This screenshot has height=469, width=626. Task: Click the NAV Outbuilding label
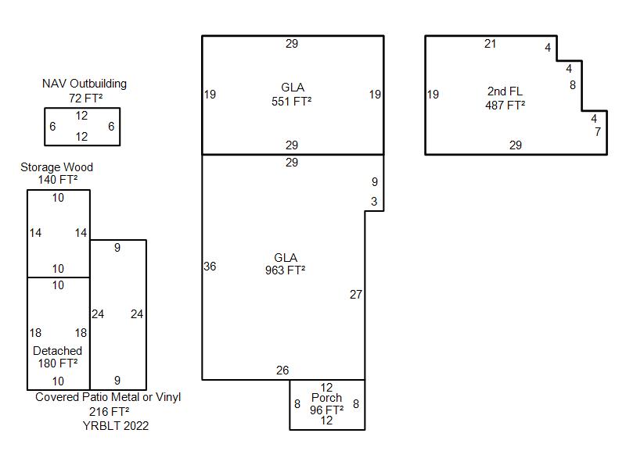click(84, 84)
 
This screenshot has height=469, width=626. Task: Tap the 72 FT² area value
click(84, 98)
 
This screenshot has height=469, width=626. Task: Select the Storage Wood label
click(56, 167)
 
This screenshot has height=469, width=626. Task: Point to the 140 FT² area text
click(58, 180)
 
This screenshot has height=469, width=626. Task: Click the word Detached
click(57, 351)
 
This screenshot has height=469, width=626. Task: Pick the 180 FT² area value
click(58, 363)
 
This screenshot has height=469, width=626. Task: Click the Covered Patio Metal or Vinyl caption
click(108, 397)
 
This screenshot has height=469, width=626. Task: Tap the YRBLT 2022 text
click(115, 426)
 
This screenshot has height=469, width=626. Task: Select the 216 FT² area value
click(110, 411)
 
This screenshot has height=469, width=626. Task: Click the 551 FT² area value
click(292, 101)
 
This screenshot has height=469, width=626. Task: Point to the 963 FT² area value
click(285, 270)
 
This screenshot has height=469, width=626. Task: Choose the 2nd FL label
click(505, 91)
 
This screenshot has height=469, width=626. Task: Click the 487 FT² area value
click(505, 105)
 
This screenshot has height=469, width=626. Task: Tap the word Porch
click(326, 398)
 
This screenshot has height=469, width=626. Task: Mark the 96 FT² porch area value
click(326, 410)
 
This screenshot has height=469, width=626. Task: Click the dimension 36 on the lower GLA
click(210, 267)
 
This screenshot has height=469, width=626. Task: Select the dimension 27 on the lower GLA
click(356, 295)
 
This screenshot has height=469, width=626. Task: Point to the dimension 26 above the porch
click(282, 371)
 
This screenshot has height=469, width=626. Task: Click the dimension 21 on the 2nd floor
click(490, 44)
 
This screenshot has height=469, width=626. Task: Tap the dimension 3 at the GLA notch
click(374, 202)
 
